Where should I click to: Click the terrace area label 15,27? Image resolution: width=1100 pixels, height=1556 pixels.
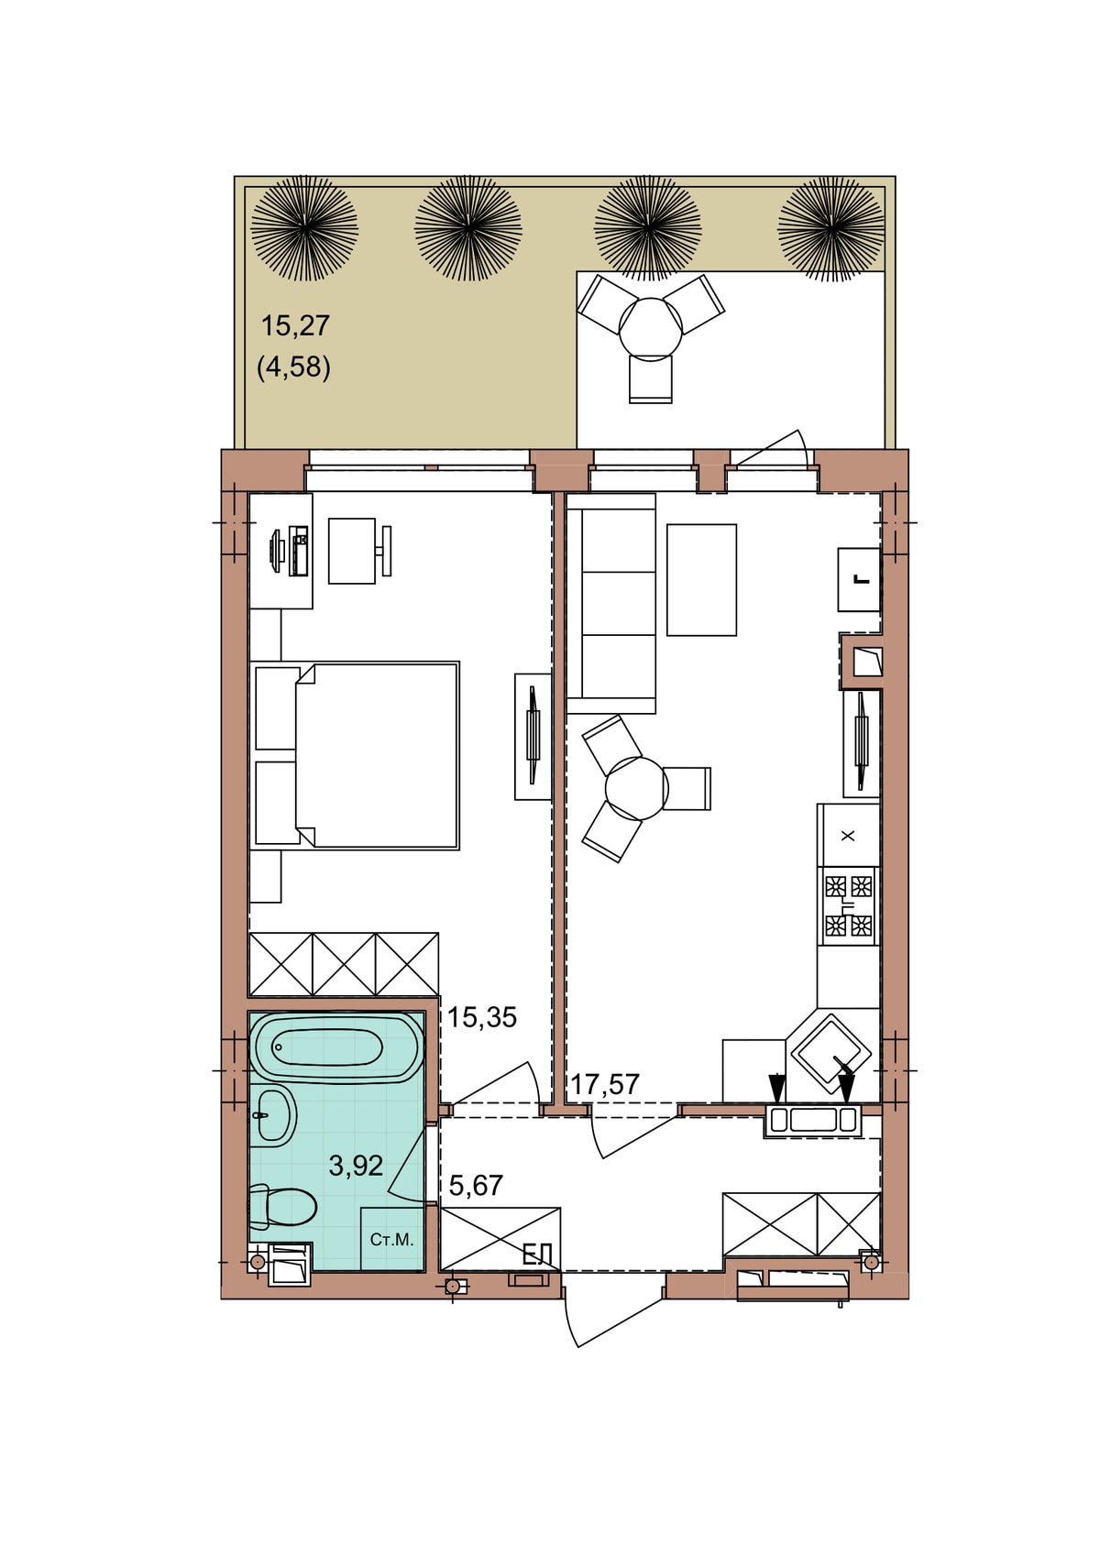[294, 325]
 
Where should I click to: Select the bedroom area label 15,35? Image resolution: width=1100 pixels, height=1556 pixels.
[481, 1018]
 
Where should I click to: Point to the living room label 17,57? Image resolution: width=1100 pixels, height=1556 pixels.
[605, 1084]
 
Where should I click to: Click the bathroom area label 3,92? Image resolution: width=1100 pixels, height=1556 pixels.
[356, 1166]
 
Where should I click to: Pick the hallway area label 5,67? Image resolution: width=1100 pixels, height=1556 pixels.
[476, 1185]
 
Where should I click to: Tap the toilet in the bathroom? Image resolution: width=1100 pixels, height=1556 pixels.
[282, 1206]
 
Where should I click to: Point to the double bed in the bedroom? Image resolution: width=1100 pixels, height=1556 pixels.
[355, 755]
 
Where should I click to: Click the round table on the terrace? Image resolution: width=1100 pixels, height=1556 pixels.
[651, 327]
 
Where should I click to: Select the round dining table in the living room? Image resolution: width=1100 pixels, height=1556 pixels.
[636, 788]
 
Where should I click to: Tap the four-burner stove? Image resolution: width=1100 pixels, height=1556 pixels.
[849, 905]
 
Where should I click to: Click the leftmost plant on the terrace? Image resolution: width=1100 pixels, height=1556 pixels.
[304, 228]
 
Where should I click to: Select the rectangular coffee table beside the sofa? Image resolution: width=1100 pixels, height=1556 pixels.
[701, 580]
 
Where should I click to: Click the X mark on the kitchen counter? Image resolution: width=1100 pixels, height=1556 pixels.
[848, 836]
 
